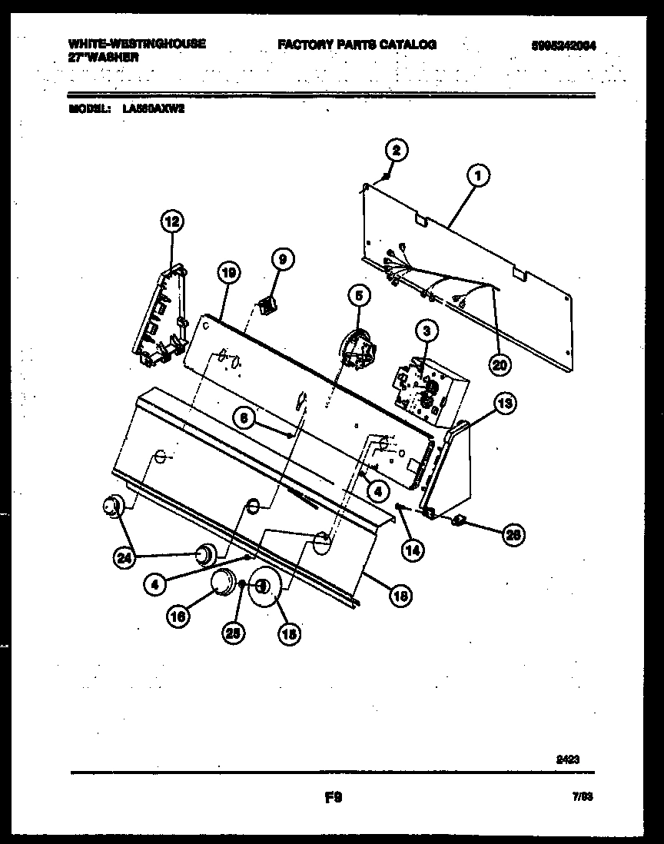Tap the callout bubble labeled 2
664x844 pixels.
tap(397, 150)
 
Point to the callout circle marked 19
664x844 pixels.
tap(228, 271)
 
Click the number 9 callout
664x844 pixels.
tap(282, 261)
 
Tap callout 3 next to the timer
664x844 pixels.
tap(427, 331)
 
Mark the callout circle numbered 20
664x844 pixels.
tap(500, 366)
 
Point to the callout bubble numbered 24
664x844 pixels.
tap(124, 559)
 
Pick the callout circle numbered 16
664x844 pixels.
tap(178, 615)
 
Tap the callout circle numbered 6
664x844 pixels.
tap(244, 417)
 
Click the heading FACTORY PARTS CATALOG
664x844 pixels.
tap(357, 45)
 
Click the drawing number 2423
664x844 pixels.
tap(567, 759)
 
